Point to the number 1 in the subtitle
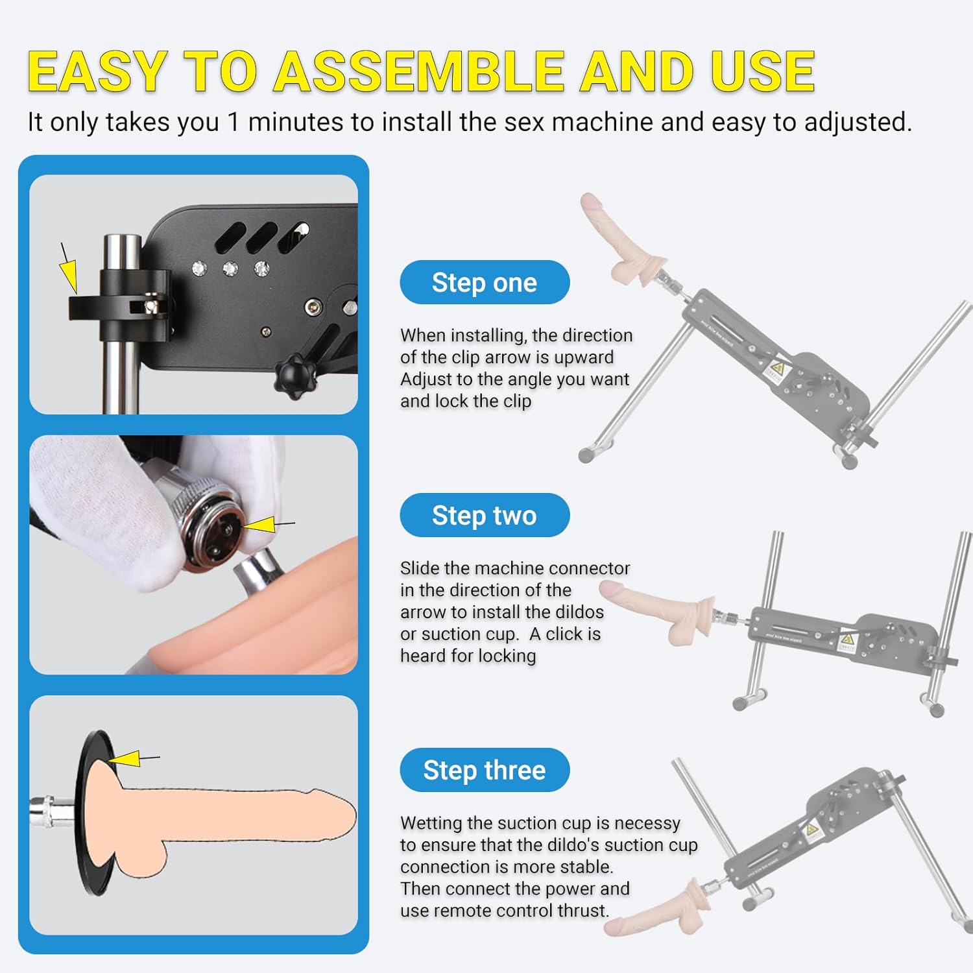pyautogui.click(x=234, y=122)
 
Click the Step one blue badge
pyautogui.click(x=485, y=282)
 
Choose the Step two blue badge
pyautogui.click(x=485, y=515)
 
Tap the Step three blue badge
pyautogui.click(x=485, y=770)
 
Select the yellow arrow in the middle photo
pyautogui.click(x=268, y=524)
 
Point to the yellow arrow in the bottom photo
pyautogui.click(x=133, y=758)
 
